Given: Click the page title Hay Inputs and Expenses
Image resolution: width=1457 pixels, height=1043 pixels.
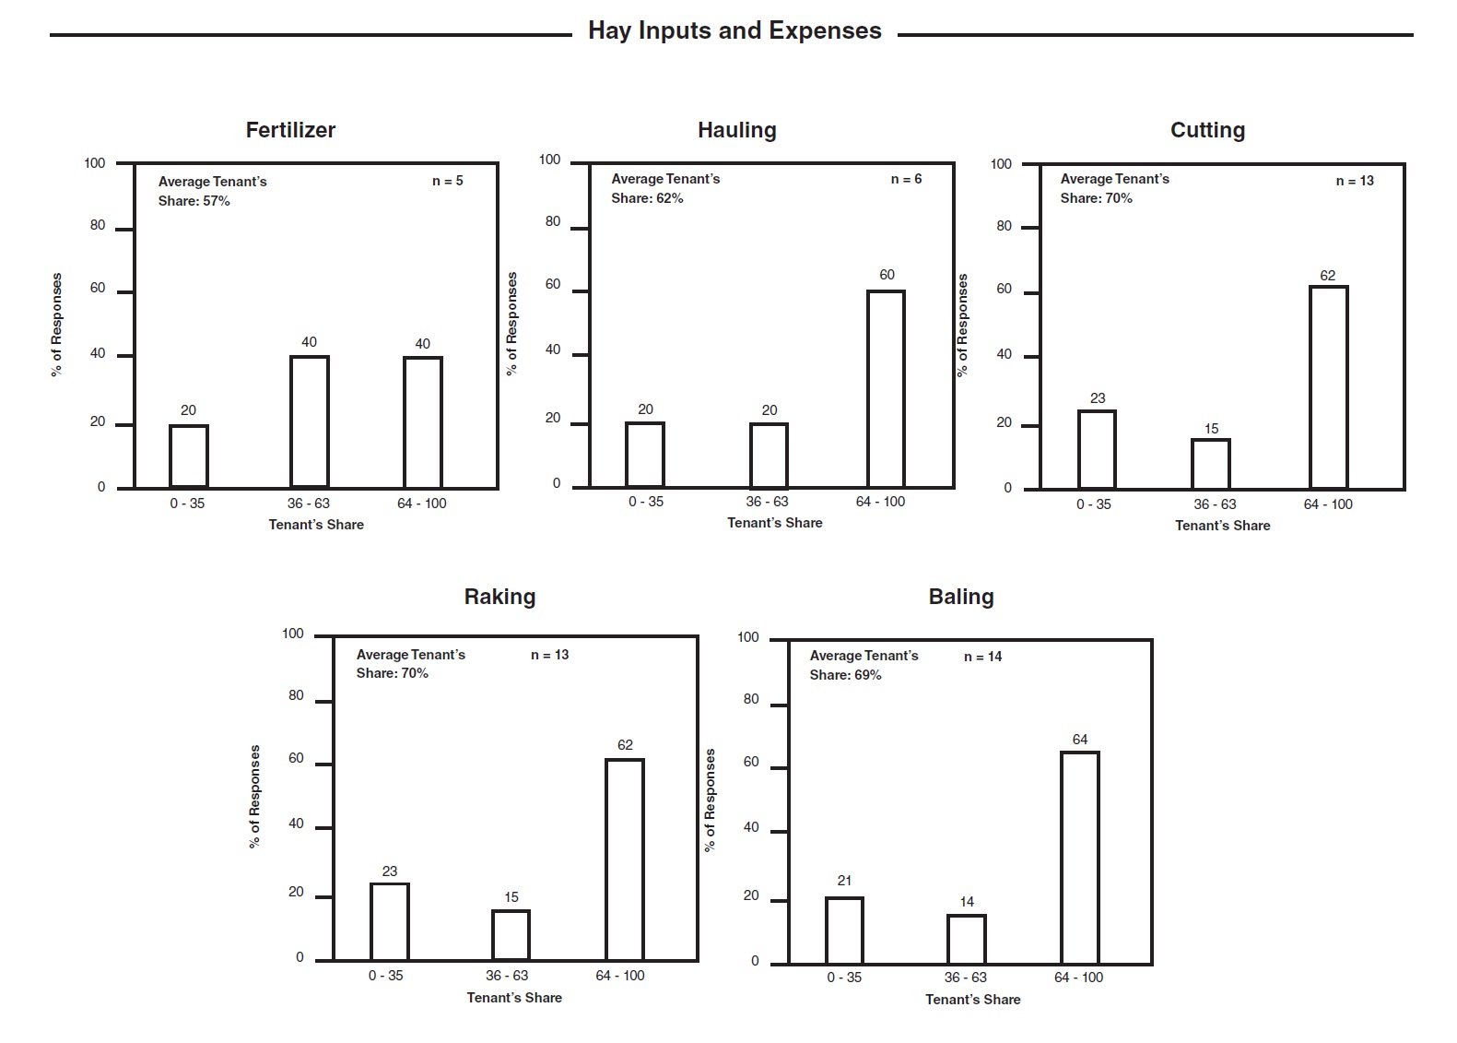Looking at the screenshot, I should [734, 31].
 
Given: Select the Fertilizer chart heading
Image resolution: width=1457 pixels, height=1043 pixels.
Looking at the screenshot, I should [290, 130].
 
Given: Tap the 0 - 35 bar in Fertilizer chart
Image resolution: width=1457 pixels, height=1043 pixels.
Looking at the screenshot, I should [189, 456].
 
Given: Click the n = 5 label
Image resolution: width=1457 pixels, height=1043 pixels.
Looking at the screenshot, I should [448, 181].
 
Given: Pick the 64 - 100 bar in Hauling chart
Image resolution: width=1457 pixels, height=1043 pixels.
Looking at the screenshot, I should [886, 389].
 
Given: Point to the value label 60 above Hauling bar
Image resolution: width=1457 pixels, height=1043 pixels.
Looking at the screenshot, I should [887, 275].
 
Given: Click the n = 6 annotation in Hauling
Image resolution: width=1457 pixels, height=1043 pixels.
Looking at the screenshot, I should [906, 179].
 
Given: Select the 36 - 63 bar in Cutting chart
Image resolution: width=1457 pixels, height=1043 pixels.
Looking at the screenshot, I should [1211, 464].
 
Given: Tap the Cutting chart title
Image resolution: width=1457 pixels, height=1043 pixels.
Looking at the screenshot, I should [1207, 130].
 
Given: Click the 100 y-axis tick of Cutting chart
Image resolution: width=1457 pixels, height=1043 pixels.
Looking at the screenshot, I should [1001, 164].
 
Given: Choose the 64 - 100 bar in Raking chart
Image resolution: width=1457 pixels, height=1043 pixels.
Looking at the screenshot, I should [625, 859].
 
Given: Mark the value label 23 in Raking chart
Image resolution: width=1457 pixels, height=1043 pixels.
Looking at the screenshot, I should [390, 871].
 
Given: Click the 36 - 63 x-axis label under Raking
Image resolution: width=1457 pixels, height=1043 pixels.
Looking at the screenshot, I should [507, 976].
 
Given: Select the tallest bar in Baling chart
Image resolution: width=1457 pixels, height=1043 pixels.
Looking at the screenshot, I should [1080, 858].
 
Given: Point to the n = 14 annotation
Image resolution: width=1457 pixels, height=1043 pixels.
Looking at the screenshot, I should [982, 657].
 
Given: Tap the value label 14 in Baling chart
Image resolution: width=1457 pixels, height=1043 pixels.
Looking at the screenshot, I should [967, 902].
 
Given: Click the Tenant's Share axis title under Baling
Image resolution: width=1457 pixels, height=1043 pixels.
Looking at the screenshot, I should [973, 1000].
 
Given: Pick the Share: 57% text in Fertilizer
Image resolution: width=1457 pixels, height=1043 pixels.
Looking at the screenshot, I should [194, 201].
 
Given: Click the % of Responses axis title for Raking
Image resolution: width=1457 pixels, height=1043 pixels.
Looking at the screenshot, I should [255, 797].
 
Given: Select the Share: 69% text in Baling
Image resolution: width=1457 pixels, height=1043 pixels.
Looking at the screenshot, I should [845, 675].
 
